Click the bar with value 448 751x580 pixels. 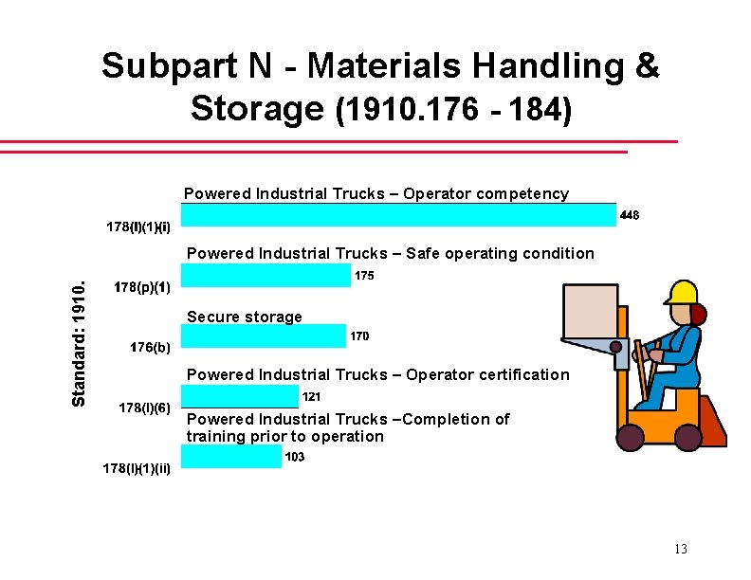[x=398, y=215]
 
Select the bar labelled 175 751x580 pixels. [x=266, y=276]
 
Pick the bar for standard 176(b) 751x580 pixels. [x=264, y=336]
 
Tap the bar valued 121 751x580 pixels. [x=239, y=396]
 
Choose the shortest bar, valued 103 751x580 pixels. [x=230, y=457]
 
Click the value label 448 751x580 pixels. [x=630, y=215]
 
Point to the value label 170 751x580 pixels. [x=360, y=336]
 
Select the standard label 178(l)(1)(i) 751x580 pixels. [x=138, y=227]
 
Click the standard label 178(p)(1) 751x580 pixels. [x=141, y=287]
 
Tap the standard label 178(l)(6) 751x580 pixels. [x=144, y=408]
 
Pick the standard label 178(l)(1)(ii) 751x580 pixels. [x=137, y=468]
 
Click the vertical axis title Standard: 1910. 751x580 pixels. [x=81, y=342]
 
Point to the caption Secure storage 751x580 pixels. [x=245, y=317]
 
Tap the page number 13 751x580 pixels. [x=680, y=550]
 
